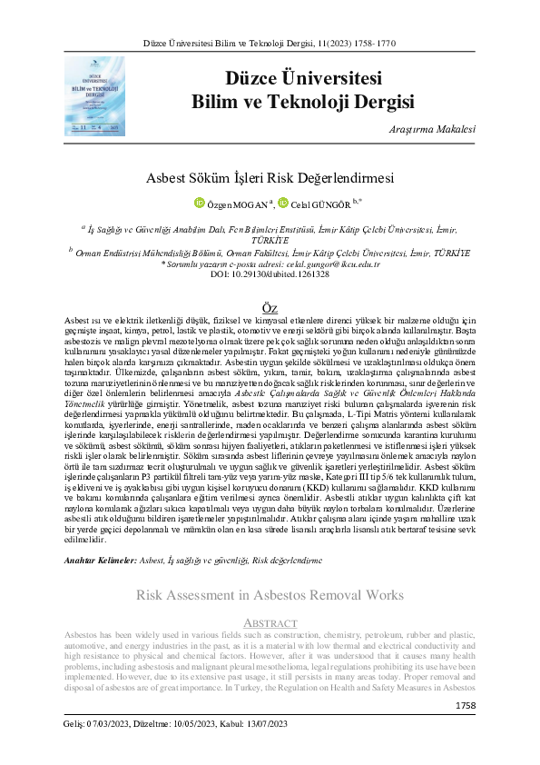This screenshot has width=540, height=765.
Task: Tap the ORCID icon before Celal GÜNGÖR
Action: (x=283, y=203)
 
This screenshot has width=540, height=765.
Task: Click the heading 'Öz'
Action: (x=270, y=309)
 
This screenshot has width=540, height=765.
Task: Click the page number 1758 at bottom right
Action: (x=465, y=705)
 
